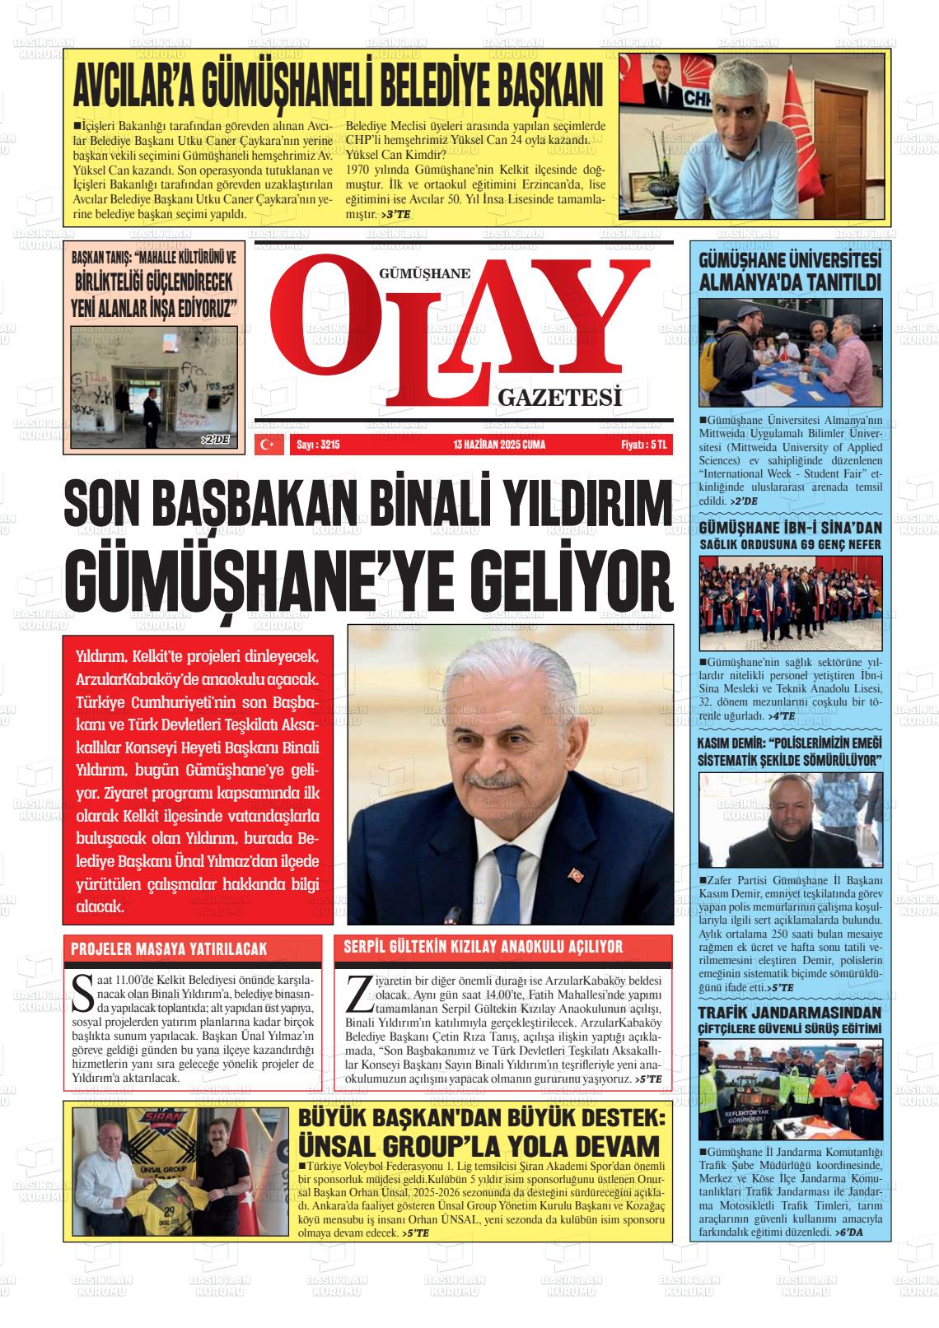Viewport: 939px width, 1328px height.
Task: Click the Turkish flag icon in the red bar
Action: click(x=268, y=445)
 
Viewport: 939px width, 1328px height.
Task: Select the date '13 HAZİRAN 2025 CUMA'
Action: click(x=499, y=445)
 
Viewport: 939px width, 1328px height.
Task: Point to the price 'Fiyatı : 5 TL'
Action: click(x=642, y=445)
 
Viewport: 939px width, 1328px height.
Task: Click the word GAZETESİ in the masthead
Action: click(x=558, y=399)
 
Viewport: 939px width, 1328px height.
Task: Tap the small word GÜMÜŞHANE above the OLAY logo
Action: click(x=424, y=273)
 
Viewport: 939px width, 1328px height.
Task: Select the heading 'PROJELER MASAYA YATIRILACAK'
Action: click(x=169, y=949)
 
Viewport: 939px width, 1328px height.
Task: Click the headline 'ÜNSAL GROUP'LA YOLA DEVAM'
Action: click(x=479, y=1145)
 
